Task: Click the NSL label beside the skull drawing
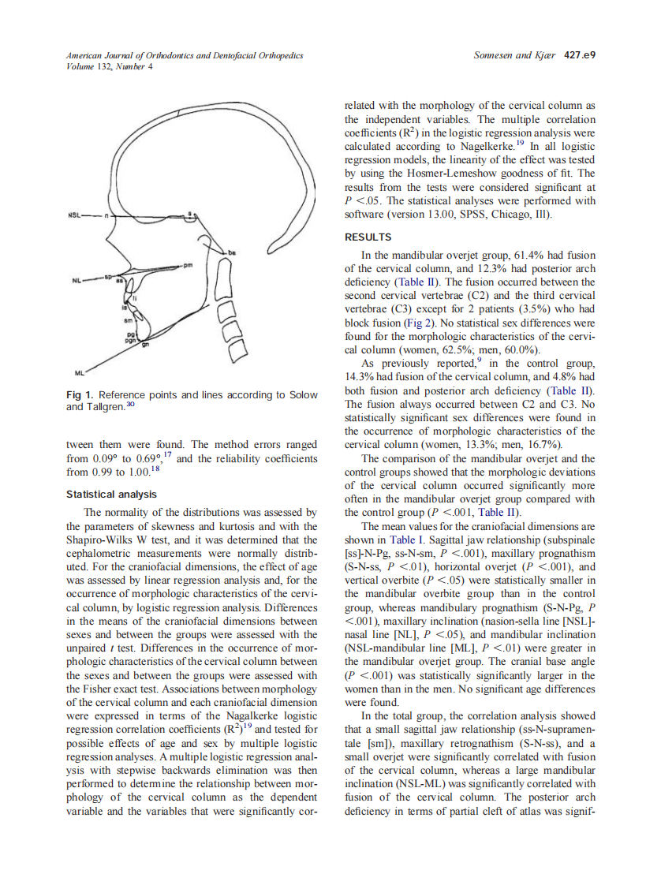point(76,214)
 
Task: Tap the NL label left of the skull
point(77,279)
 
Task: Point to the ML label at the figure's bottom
point(79,372)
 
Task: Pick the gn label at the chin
point(145,345)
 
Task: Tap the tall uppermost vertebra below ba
point(223,278)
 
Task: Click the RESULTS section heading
point(368,237)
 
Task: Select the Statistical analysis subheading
point(111,495)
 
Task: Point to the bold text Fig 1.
point(80,395)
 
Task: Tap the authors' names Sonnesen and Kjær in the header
point(514,55)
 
